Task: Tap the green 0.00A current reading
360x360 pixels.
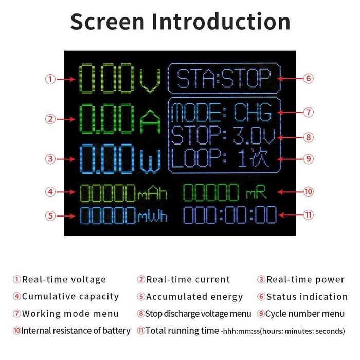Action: click(x=119, y=119)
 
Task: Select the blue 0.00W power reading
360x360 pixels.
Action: click(x=119, y=159)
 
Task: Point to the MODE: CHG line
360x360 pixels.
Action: click(x=224, y=112)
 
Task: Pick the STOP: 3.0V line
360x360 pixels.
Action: click(x=224, y=136)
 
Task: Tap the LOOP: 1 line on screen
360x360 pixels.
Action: click(x=224, y=159)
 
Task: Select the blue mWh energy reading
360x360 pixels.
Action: click(x=123, y=215)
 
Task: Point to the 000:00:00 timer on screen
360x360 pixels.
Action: click(x=230, y=215)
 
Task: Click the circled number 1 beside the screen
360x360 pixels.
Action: click(x=50, y=79)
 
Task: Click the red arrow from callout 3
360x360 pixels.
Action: click(x=66, y=159)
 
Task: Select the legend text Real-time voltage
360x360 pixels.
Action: click(x=64, y=280)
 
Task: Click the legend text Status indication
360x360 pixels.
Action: click(x=307, y=297)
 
